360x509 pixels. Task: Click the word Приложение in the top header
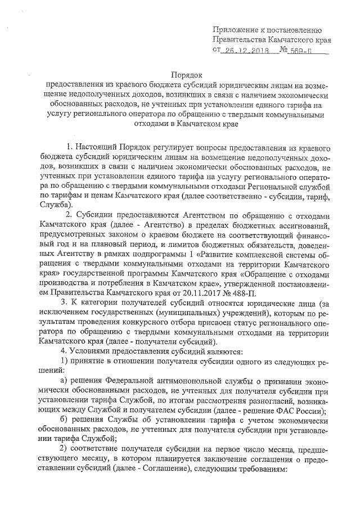[236, 30]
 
